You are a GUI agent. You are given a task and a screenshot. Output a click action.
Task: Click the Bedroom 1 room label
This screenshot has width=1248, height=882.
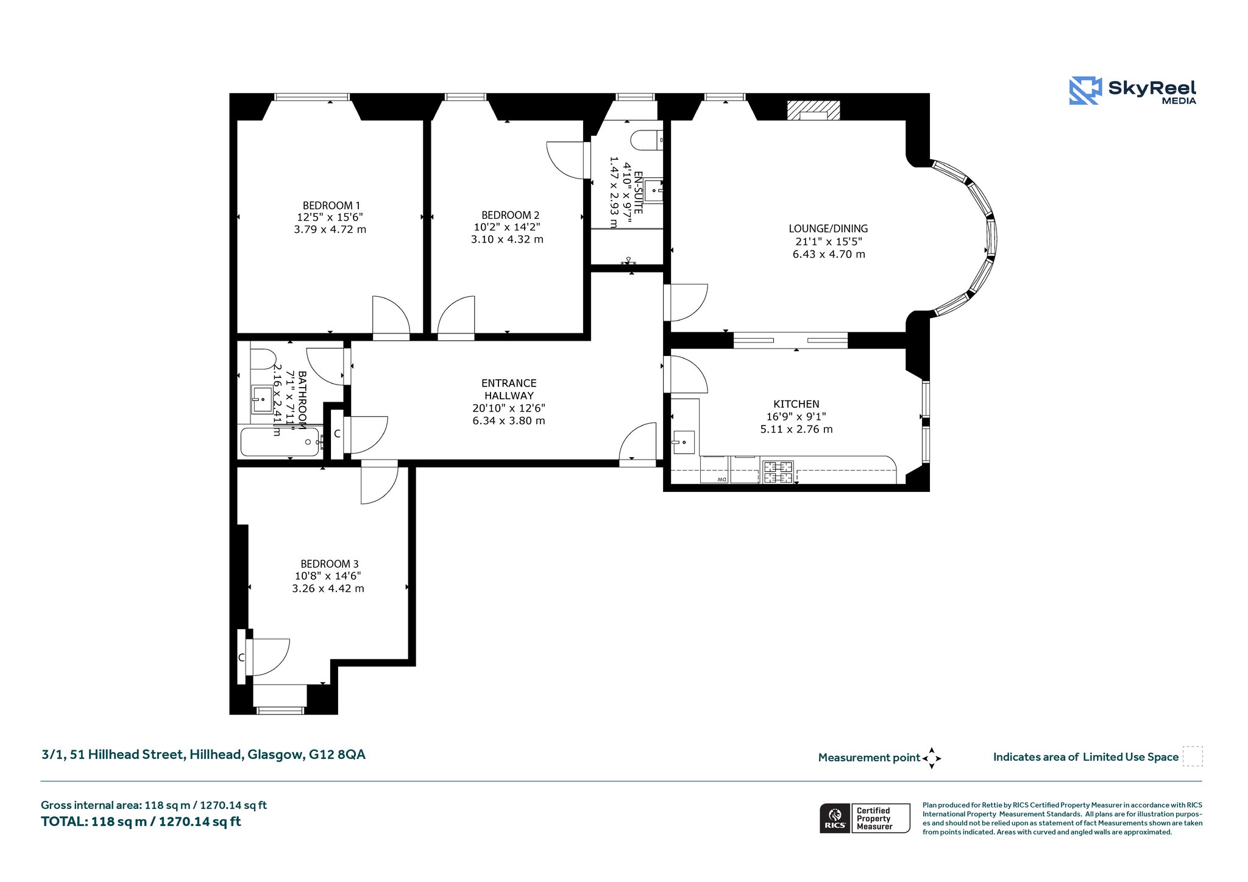click(331, 206)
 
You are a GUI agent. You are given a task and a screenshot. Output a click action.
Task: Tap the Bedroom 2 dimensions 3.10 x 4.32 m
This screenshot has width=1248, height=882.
click(507, 240)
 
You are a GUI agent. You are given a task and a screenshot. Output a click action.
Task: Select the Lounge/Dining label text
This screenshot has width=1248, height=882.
click(828, 229)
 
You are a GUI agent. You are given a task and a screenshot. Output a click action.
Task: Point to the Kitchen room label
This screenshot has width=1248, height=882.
click(796, 404)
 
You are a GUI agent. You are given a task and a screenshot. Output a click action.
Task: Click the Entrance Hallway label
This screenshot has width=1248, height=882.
click(509, 389)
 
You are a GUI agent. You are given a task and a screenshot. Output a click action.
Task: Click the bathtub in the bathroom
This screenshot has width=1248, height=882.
click(280, 442)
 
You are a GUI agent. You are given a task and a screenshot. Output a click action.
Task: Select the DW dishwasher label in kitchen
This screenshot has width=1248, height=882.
click(721, 480)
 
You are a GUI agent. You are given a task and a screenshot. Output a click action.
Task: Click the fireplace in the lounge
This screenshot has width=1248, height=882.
click(814, 110)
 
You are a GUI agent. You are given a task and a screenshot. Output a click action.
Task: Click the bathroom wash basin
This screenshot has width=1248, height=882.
click(263, 400)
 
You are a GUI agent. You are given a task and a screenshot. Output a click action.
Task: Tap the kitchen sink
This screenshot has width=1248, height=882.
click(683, 442)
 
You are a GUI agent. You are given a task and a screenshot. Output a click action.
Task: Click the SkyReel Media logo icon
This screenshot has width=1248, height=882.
click(1085, 91)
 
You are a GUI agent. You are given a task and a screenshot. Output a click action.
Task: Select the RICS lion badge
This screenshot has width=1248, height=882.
click(835, 818)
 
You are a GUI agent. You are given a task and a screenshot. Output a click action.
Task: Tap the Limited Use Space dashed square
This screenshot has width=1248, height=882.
click(1193, 756)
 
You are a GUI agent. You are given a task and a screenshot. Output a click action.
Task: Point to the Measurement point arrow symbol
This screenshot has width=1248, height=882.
click(932, 758)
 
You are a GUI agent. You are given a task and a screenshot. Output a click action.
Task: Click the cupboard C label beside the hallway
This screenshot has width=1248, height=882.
click(337, 434)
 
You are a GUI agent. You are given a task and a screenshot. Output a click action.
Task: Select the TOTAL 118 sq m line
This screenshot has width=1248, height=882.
click(141, 822)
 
